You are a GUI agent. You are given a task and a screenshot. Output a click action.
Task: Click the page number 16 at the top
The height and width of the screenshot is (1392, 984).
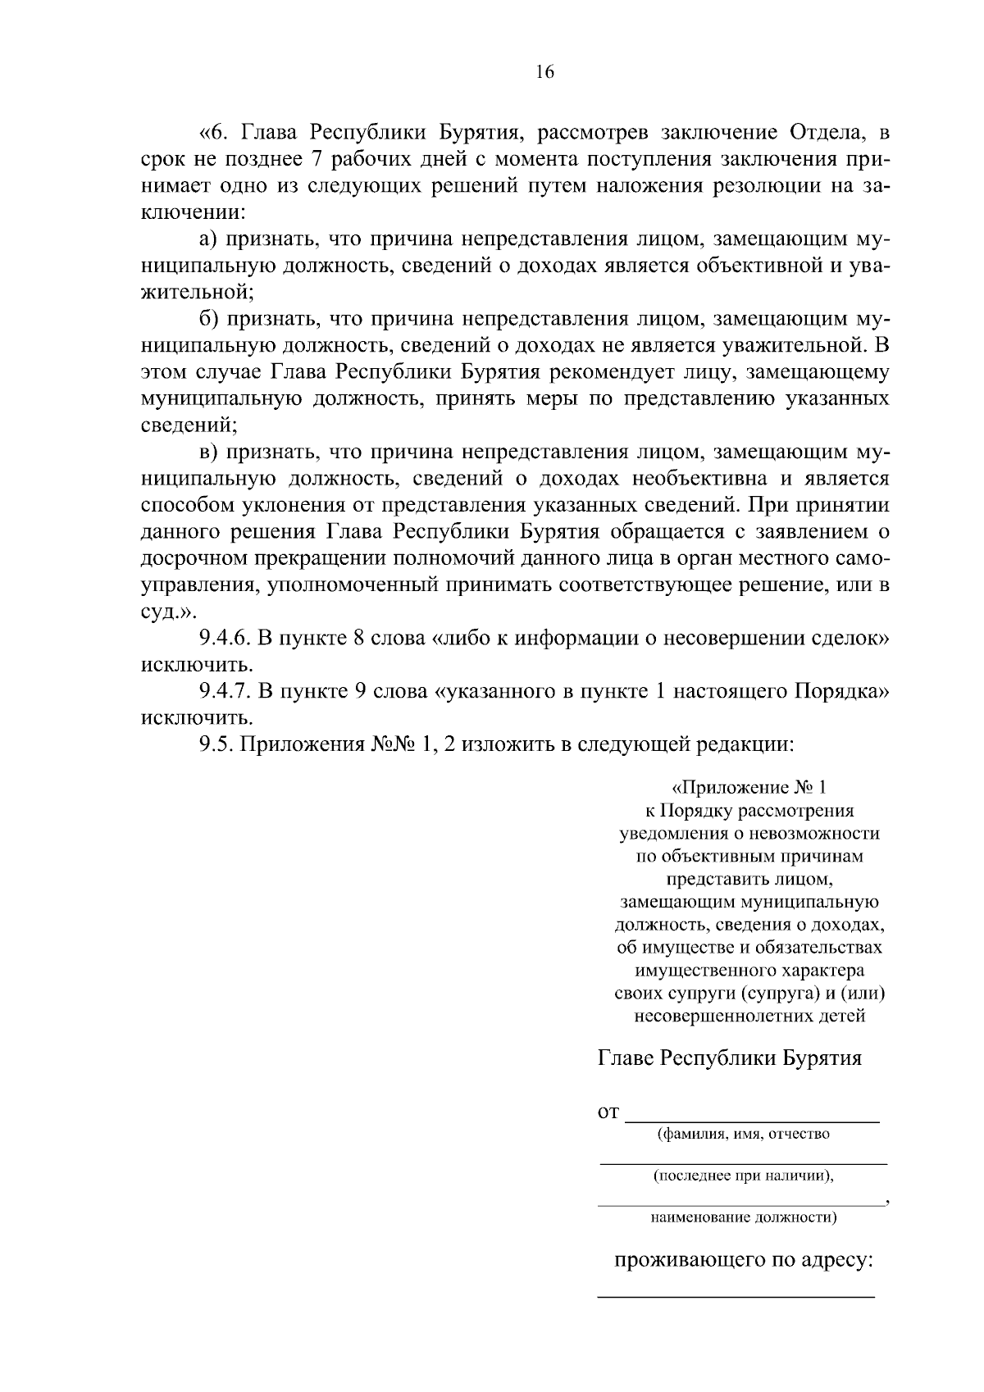pos(545,72)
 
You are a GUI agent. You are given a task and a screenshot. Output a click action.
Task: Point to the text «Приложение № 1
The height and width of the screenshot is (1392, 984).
pos(749,788)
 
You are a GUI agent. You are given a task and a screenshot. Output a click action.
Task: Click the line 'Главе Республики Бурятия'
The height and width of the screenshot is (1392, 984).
pos(730,1058)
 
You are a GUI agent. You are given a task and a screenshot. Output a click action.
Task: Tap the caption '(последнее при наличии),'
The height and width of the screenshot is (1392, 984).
pos(743,1176)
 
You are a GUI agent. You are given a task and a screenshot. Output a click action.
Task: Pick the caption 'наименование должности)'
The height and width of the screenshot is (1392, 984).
pos(744,1217)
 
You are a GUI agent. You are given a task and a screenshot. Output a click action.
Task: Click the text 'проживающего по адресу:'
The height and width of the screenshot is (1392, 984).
pos(744,1260)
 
